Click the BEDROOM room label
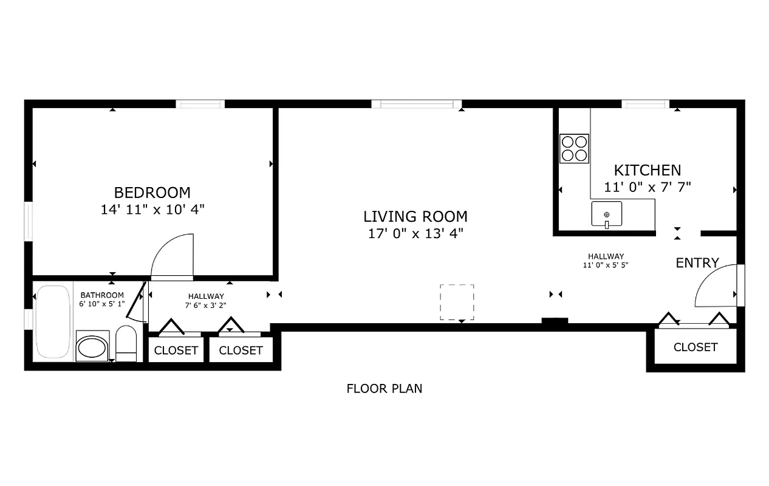coord(152,193)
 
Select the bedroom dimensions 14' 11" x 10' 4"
coord(152,210)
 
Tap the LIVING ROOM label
coord(415,216)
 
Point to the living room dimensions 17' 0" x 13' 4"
coord(415,233)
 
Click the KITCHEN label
coord(648,170)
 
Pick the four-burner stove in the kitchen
coord(574,149)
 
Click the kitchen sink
coord(607,214)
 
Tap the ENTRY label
coord(697,263)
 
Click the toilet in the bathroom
coord(126,344)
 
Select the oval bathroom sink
coord(92,348)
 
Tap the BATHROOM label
coord(102,295)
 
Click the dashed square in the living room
coord(457,302)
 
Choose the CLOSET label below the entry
coord(696,347)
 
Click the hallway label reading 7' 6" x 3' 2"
coord(206,305)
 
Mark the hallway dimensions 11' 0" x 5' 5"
coord(606,265)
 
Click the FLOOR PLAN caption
coord(384,389)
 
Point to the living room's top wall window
coord(416,104)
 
